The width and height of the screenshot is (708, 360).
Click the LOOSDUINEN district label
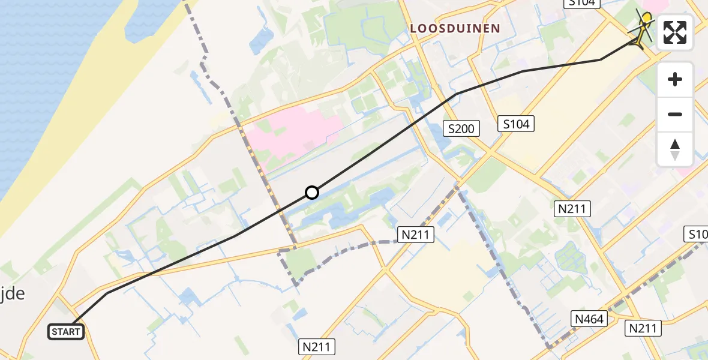[455, 28]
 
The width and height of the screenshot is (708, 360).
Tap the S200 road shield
[461, 128]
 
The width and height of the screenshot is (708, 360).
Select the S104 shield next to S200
[516, 124]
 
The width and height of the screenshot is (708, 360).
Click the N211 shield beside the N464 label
[644, 328]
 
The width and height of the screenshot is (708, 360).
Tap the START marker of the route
[66, 332]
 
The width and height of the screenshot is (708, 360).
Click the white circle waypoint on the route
[312, 193]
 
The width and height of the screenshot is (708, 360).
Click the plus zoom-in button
[675, 79]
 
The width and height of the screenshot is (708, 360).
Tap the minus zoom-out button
[675, 114]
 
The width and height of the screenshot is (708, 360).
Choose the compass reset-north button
[675, 149]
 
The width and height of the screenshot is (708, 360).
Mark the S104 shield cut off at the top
[582, 3]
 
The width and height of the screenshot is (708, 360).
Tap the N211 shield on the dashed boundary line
[416, 234]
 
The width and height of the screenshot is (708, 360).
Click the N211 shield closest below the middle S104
[572, 209]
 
